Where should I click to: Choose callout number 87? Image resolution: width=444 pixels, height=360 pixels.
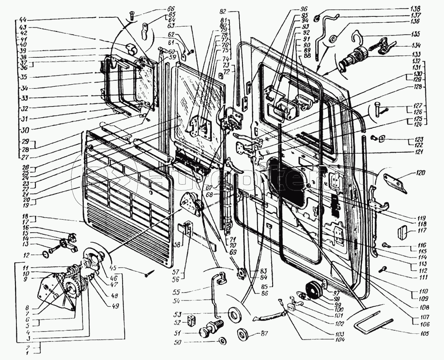click(x=265, y=333)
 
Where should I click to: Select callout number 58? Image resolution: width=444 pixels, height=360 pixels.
click(x=177, y=244)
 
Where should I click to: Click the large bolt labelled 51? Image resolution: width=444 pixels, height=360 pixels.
click(x=207, y=331)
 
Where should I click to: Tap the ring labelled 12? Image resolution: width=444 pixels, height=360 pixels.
click(x=45, y=254)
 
